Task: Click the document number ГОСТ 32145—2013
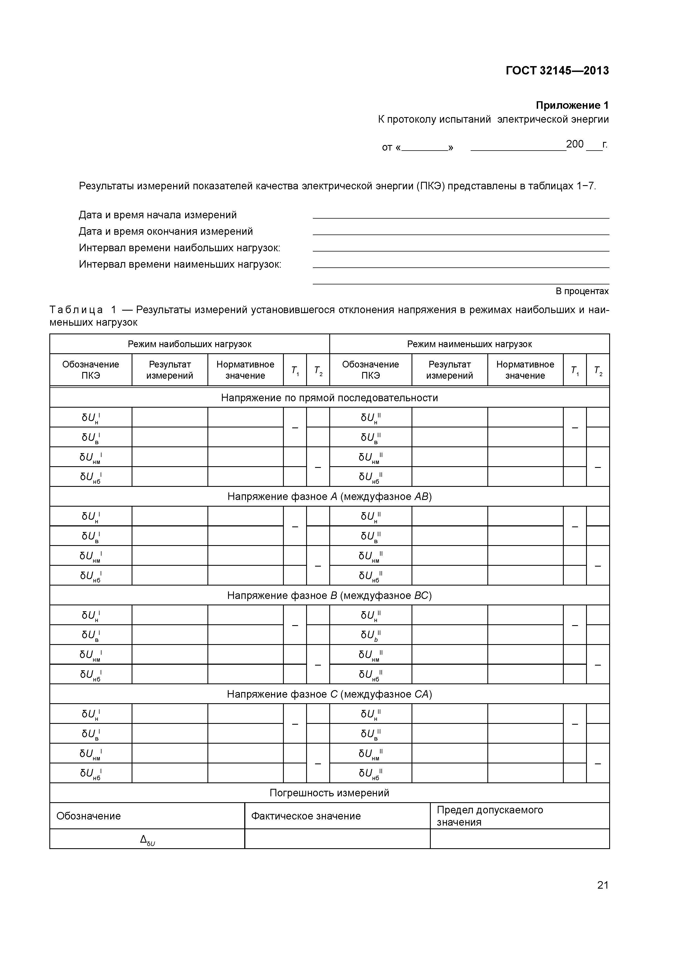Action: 557,71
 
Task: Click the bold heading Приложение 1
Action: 572,105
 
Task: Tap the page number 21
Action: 603,896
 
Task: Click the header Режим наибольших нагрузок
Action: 189,344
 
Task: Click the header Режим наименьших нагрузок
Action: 469,344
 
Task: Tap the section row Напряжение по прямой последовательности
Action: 329,398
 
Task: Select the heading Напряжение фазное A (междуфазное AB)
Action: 329,496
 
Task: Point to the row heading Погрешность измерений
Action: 329,792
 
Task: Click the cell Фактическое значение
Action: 306,816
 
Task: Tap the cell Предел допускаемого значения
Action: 490,816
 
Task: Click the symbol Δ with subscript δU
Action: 147,840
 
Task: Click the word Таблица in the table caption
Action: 76,310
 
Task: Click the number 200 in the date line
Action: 575,144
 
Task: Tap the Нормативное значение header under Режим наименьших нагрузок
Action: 525,370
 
